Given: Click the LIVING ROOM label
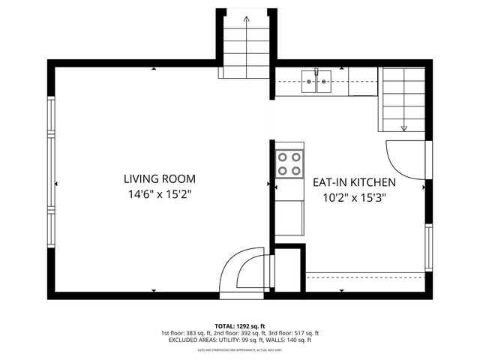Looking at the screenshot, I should point(160,179).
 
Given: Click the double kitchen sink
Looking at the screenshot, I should point(318,80).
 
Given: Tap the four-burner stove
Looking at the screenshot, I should point(289,164).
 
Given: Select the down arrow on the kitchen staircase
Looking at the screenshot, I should point(403,127).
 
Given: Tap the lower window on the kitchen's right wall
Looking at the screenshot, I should point(429,247).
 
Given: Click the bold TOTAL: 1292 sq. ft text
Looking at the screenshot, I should point(239,326).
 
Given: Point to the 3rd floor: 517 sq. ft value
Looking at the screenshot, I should point(294,333).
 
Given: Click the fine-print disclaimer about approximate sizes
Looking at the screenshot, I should point(239,349).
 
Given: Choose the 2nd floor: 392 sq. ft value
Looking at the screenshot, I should point(240,333).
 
